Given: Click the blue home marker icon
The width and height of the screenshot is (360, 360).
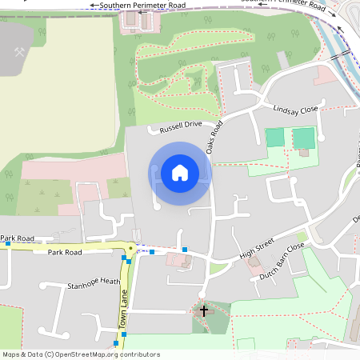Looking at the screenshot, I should point(180,173).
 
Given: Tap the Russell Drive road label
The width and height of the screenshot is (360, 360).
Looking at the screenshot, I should point(181,126).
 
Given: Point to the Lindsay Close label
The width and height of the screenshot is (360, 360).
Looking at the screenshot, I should point(295,110).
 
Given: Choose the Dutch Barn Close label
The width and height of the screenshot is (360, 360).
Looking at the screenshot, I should point(282,263).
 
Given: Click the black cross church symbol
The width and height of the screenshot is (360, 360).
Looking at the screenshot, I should point(203,310).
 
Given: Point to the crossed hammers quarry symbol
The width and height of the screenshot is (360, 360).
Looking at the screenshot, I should point(20,52).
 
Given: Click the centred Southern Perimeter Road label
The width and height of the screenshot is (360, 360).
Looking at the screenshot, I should point(142,6).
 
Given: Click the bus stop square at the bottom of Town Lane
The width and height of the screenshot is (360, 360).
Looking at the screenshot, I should point(116,343).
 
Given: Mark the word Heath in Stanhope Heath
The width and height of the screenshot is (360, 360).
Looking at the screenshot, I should point(109,282).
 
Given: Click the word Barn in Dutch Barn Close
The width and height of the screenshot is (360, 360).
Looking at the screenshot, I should point(282,263).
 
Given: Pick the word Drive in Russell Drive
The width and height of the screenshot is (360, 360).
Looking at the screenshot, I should point(193,125).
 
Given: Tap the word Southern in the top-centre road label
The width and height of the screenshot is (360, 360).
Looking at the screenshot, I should point(116,6).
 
